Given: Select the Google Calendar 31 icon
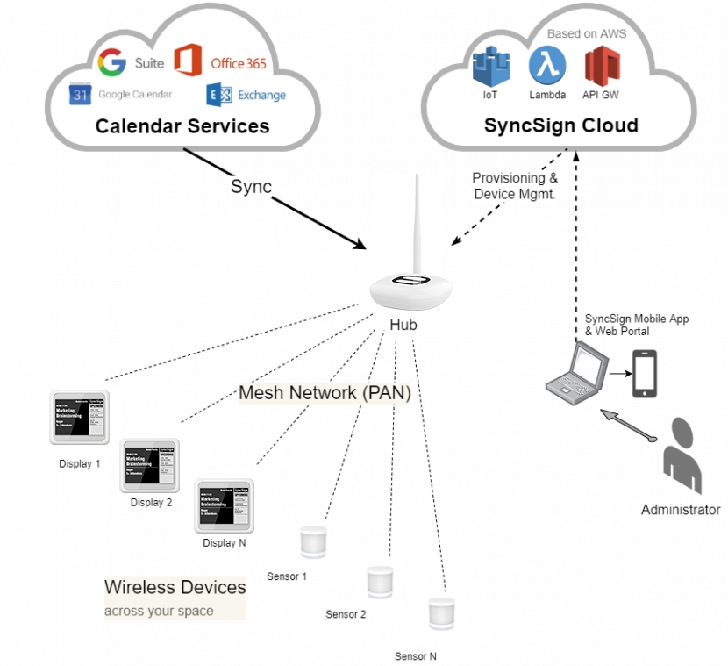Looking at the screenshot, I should pos(81,94).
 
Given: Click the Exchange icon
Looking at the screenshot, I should pos(218,95).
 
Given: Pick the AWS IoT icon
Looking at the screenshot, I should pos(491,67).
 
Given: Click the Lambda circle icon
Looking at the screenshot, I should pos(546,66).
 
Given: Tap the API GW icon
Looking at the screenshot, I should pos(603,67).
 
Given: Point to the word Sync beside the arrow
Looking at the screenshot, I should pos(252,187).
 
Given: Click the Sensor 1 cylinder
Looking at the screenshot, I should pos(312,542).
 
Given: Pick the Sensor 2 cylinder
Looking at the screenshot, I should pos(379,582).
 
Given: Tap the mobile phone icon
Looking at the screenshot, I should pos(645,374).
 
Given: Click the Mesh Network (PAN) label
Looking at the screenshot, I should pos(325,392).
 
